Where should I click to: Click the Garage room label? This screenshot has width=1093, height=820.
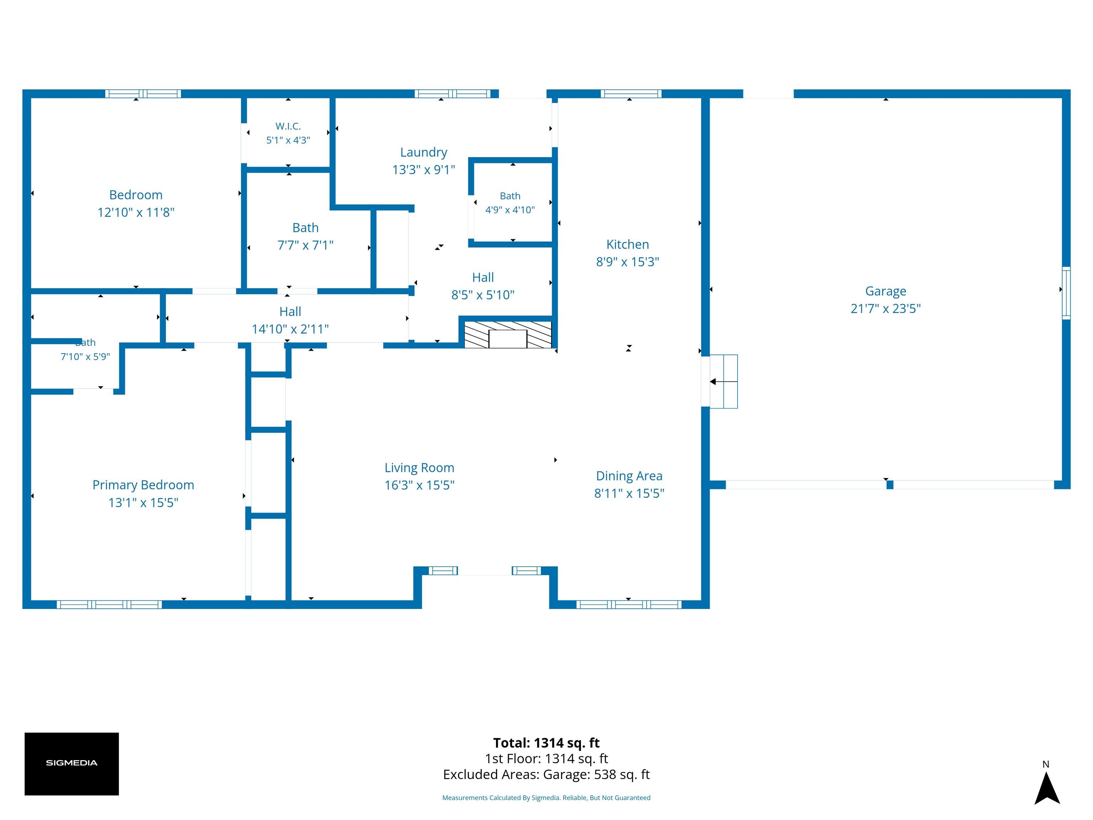886,291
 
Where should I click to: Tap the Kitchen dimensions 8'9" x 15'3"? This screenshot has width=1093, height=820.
628,262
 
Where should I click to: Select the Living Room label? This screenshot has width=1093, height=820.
419,468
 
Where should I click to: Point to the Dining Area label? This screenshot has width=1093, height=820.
629,476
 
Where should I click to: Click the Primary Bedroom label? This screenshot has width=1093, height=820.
143,485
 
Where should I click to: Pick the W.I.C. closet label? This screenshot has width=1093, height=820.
288,127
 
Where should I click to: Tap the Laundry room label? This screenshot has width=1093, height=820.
423,152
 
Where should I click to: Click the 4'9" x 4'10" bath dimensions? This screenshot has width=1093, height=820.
510,210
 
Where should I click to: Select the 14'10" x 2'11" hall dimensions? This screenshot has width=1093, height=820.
290,329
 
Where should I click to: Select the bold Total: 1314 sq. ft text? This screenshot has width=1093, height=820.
546,743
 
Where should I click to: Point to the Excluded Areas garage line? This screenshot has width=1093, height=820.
546,774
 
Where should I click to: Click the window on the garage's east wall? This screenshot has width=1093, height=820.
1066,293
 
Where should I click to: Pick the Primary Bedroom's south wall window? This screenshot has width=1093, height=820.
109,604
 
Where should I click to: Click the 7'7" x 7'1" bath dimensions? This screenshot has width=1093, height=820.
305,245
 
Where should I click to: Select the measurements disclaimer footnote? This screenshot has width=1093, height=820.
546,798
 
